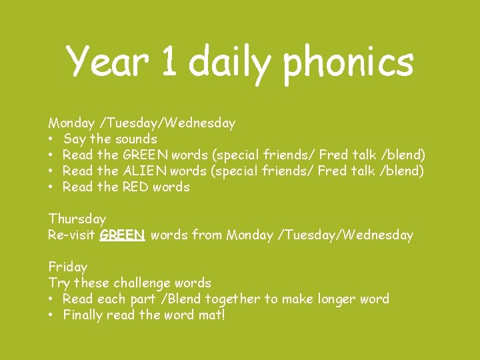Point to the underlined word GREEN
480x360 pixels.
pos(123,235)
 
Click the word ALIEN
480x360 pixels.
pos(145,171)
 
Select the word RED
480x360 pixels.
pos(135,187)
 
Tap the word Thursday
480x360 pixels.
pos(77,219)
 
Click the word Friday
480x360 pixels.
pos(67,267)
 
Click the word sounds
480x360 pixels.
pos(136,139)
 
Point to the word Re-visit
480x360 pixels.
pos(72,235)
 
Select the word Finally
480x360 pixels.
pos(86,315)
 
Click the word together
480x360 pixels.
pos(233,299)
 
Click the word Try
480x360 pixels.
pos(59,283)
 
